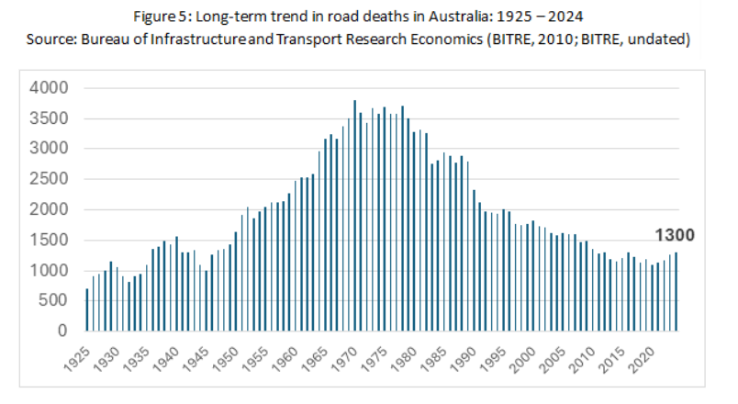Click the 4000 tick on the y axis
[50, 88]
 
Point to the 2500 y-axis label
[50, 179]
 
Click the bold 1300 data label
[674, 236]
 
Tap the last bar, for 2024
[676, 291]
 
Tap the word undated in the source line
[654, 41]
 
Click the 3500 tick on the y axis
[50, 118]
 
